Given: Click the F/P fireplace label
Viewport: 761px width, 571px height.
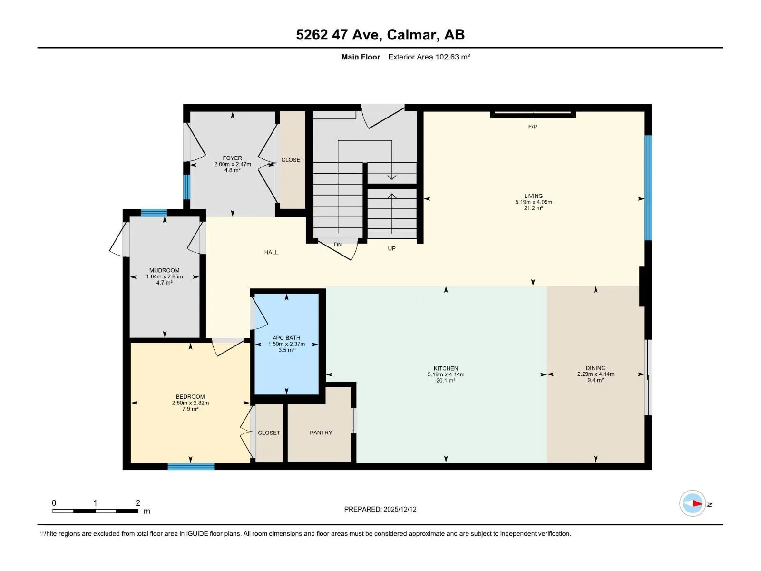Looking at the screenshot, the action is [x=533, y=127].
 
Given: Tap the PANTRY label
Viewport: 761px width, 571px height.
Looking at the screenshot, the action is [x=321, y=433].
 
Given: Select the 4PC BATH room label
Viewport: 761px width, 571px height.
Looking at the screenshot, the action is [x=286, y=338].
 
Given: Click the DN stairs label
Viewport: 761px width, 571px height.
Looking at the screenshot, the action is [x=338, y=245].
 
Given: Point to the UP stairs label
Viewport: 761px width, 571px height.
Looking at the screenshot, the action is [x=391, y=248].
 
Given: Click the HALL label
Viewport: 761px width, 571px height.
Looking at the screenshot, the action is [x=271, y=252].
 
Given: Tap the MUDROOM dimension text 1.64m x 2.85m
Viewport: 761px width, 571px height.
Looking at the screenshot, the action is [x=165, y=276].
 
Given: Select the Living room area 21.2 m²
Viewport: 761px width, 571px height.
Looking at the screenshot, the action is [x=533, y=208].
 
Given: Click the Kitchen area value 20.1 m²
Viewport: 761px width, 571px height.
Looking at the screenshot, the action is [x=446, y=380].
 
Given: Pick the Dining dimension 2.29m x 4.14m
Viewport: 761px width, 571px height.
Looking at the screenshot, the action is [x=595, y=374].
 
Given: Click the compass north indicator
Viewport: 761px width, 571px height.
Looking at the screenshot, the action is [x=693, y=503].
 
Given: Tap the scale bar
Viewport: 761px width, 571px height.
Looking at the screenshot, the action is [x=95, y=511].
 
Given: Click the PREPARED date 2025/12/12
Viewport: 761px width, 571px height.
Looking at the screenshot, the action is [x=400, y=509].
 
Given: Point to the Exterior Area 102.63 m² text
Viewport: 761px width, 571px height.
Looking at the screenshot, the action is [x=429, y=57].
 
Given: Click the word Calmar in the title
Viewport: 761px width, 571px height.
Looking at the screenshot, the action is [x=411, y=35].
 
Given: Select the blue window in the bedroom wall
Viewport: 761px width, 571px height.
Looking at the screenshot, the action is [x=191, y=466].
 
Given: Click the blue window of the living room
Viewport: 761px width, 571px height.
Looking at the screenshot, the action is [x=648, y=187].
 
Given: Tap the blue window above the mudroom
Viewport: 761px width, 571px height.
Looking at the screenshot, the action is [x=154, y=213].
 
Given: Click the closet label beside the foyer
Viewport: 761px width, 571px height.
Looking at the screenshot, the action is [x=292, y=160].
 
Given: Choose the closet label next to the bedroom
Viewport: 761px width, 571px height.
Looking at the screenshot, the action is [x=269, y=433].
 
